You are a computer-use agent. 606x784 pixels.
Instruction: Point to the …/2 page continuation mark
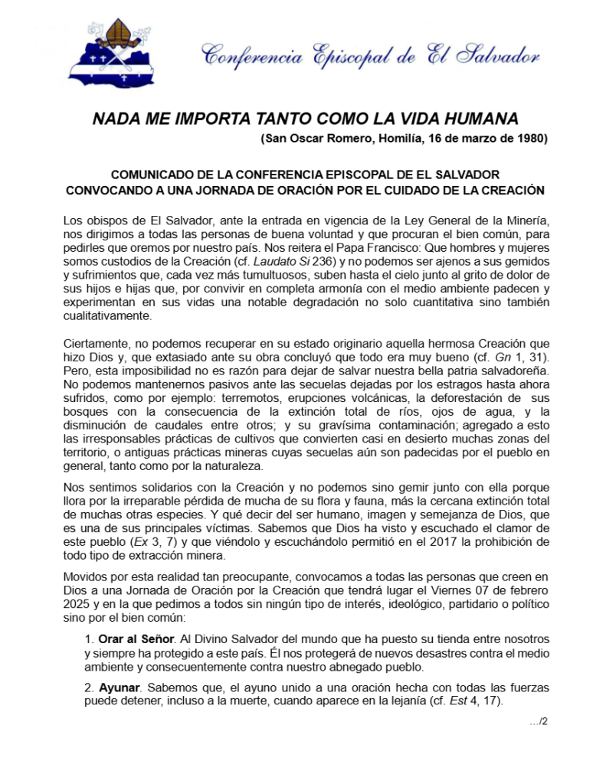coord(538,722)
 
